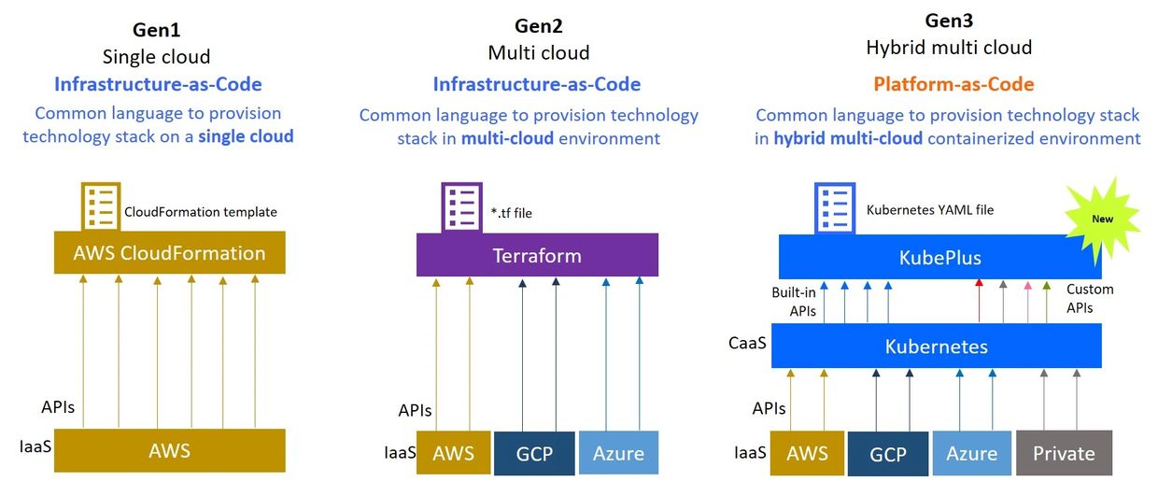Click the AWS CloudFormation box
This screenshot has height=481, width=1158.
[x=169, y=252]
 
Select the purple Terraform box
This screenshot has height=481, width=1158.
[x=537, y=255]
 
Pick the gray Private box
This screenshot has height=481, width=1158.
[x=1064, y=453]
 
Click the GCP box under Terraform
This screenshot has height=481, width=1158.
[x=534, y=453]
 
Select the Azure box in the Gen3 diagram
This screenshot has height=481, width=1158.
[x=971, y=453]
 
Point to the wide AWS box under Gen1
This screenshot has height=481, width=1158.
[x=169, y=451]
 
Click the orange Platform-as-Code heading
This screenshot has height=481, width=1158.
[x=953, y=84]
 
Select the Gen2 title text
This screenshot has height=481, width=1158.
[x=538, y=25]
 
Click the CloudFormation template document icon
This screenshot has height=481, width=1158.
[x=101, y=206]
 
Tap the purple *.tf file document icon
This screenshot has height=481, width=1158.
[x=461, y=206]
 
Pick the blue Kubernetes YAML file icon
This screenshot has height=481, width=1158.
[x=835, y=206]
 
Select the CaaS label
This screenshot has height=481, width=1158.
[x=748, y=344]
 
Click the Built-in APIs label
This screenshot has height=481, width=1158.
[x=794, y=301]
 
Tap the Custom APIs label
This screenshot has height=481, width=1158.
[x=1090, y=298]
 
